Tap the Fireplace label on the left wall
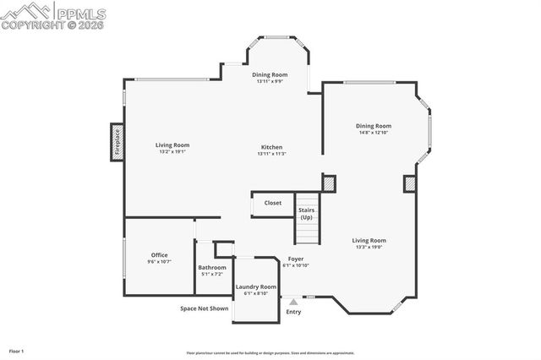click(117, 142)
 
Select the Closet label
click(273, 203)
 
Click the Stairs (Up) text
click(306, 214)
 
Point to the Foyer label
click(296, 259)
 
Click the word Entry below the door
click(293, 312)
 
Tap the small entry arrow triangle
click(293, 300)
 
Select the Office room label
click(160, 254)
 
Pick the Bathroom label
click(212, 267)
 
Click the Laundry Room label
click(256, 286)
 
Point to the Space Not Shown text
click(205, 308)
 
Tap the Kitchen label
click(271, 147)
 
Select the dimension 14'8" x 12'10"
click(373, 133)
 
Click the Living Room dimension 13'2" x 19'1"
click(172, 152)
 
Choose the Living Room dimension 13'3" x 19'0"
click(369, 247)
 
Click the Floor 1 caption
click(16, 350)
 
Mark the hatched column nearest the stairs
click(329, 183)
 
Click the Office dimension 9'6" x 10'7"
click(160, 261)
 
